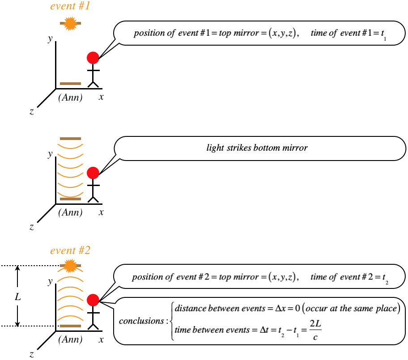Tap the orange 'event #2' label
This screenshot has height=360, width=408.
(x=70, y=250)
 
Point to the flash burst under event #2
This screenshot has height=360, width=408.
(x=69, y=266)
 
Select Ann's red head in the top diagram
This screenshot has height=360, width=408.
(x=93, y=57)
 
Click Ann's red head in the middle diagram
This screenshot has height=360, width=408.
(x=93, y=173)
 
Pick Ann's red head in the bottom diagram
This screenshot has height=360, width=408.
(x=93, y=300)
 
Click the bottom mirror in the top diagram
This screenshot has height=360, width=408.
(x=70, y=84)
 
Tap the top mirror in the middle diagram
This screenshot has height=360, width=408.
(x=70, y=139)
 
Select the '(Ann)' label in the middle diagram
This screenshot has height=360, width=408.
(x=70, y=213)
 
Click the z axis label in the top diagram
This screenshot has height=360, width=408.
(x=31, y=112)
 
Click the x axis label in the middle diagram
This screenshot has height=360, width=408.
(x=102, y=212)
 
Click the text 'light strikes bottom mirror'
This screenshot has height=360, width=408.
(x=257, y=148)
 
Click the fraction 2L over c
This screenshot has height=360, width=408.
(x=315, y=330)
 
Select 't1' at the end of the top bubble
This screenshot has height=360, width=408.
(x=383, y=34)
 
